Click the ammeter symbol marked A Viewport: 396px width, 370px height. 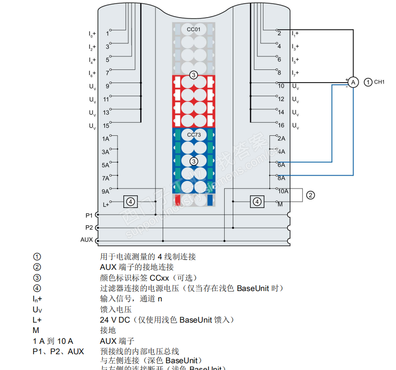click(x=354, y=82)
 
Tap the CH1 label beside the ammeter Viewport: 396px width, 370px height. click(x=379, y=82)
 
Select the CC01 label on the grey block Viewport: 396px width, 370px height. click(x=193, y=29)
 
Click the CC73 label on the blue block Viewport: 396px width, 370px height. click(x=193, y=134)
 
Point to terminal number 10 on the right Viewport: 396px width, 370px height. click(x=281, y=86)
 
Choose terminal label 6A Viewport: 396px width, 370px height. click(x=281, y=165)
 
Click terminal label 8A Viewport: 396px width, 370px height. click(x=281, y=178)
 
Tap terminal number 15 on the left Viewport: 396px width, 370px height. click(x=106, y=125)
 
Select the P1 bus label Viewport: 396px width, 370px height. click(x=89, y=215)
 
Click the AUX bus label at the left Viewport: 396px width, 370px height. click(x=87, y=240)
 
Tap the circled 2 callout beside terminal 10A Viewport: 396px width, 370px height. click(x=310, y=195)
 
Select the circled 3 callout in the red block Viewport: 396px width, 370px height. click(x=193, y=75)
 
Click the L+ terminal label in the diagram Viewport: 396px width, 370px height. click(x=106, y=204)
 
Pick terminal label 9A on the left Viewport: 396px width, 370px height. click(x=106, y=191)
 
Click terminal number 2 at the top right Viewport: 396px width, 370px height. click(x=279, y=33)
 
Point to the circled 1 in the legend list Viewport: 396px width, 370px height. click(x=37, y=257)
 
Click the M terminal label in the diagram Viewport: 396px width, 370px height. click(x=280, y=204)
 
